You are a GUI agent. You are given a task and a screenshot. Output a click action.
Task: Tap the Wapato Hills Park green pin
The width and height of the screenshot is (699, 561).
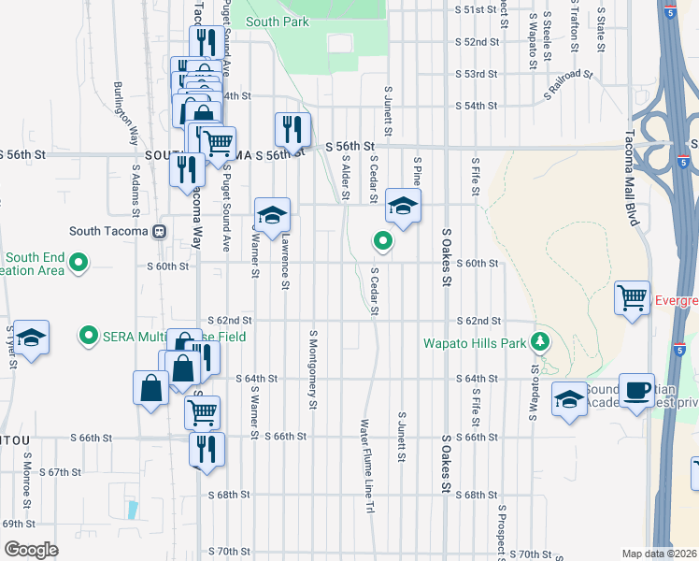pos(538,341)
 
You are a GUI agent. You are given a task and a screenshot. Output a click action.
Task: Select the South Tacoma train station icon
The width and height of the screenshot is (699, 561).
pos(160,231)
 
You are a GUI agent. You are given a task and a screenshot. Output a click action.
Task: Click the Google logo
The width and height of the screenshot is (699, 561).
pos(31,550)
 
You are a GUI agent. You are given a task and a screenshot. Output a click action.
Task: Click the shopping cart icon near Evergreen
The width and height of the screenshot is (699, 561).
pos(633,299)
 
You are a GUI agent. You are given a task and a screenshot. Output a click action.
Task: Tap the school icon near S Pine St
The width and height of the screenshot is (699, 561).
pos(403,208)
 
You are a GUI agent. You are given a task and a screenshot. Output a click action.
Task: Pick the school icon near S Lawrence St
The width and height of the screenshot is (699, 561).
pos(272,216)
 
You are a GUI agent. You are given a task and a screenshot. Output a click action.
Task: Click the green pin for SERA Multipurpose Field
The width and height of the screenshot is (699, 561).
pos(89,334)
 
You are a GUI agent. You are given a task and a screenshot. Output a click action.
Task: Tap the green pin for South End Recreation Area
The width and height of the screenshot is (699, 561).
pos(79,265)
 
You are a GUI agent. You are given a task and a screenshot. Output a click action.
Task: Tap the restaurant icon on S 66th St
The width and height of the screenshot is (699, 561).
pos(207,449)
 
